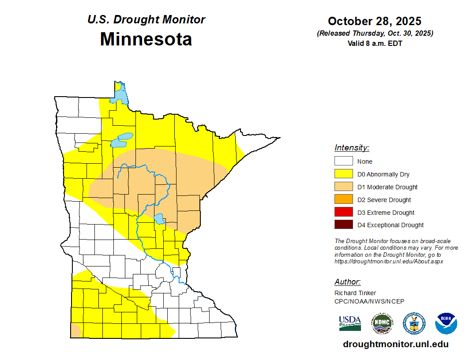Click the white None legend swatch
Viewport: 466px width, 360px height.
343,161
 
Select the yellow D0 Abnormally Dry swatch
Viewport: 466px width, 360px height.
343,174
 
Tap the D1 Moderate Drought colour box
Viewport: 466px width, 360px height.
343,187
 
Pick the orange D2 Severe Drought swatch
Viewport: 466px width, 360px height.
343,200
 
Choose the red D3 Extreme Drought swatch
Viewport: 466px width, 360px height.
343,213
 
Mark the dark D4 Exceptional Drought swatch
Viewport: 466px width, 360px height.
343,225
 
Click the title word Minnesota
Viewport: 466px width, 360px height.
146,39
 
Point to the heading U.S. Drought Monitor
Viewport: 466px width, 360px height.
146,20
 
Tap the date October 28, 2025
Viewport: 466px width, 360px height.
375,21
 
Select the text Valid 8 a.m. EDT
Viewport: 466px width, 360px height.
375,43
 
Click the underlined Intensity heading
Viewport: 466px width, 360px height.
352,148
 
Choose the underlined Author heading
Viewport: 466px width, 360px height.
347,282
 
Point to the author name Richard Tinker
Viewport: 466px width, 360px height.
355,293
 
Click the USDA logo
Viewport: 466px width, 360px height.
350,323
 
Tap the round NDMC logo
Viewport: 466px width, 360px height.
382,323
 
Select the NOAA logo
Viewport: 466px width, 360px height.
446,323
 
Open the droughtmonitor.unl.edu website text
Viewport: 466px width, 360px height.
395,345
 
